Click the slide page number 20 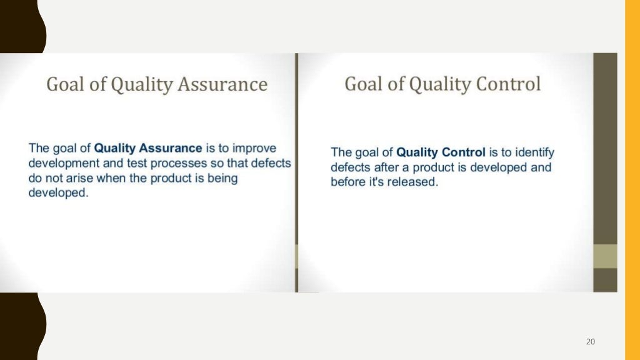[591, 341]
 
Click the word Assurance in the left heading [223, 85]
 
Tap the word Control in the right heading [507, 84]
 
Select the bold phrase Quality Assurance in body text [147, 149]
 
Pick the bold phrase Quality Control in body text [441, 152]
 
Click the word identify [534, 152]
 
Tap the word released [411, 182]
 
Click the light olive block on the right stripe [604, 256]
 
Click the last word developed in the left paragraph [58, 194]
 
